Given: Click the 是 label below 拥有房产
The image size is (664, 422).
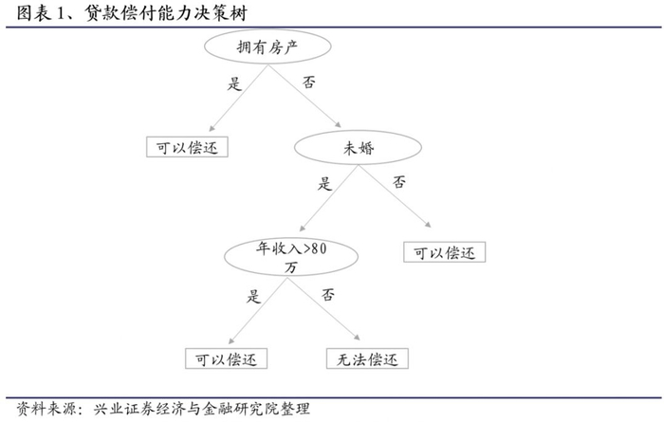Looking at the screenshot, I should (x=235, y=82).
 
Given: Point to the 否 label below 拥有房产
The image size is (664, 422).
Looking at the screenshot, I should (x=309, y=83).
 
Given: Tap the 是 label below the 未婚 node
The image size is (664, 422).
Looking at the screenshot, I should (x=326, y=184).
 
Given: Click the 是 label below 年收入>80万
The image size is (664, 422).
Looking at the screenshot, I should (x=253, y=295).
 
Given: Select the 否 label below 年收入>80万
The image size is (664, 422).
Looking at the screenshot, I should (x=328, y=294).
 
